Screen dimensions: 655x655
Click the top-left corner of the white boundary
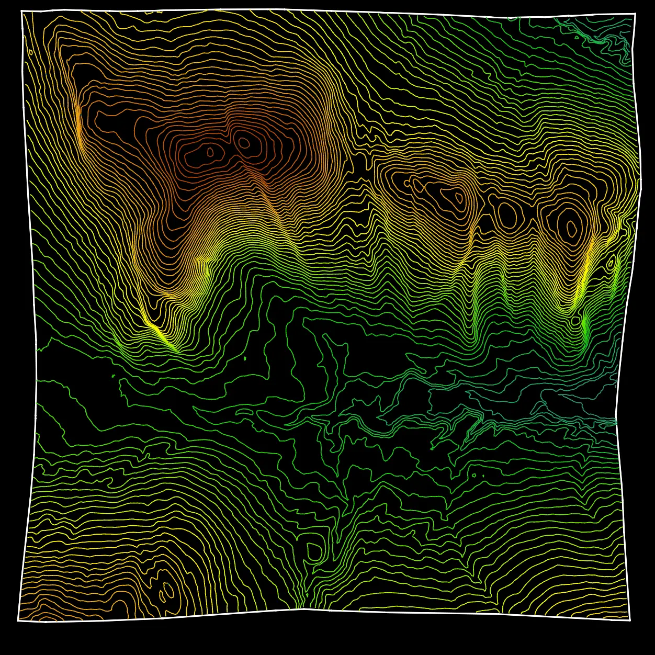(21, 12)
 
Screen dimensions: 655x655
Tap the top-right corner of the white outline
(635, 14)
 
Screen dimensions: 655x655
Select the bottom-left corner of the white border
(18, 620)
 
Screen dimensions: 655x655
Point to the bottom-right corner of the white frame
(630, 620)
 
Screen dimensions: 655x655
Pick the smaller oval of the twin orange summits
(211, 152)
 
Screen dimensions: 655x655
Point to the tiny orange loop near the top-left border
(31, 52)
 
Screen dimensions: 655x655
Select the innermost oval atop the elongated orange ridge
(459, 198)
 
